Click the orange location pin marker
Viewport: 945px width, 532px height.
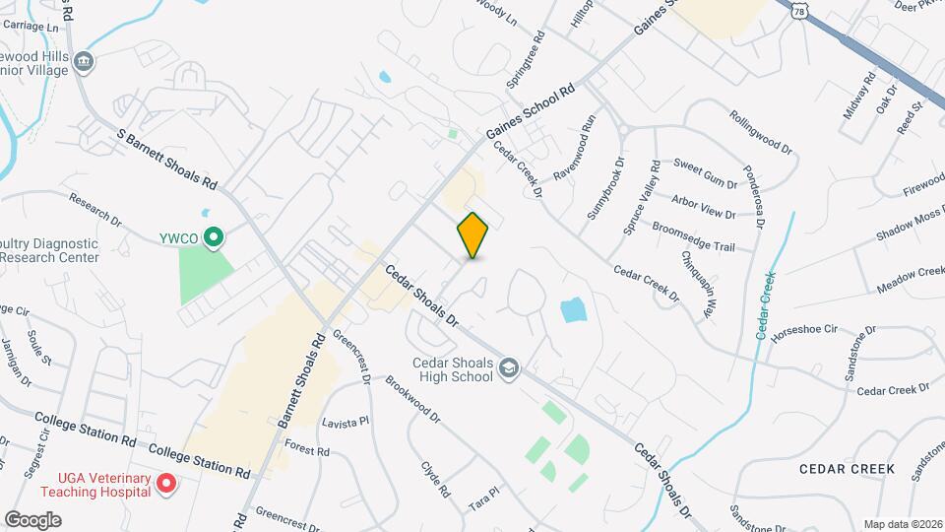(473, 234)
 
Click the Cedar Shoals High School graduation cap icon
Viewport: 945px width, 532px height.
(508, 368)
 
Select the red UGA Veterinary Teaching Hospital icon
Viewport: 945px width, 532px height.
(166, 484)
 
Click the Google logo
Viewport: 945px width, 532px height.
(32, 519)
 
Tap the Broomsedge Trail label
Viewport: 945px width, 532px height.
(694, 236)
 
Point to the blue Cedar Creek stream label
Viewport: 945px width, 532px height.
(765, 304)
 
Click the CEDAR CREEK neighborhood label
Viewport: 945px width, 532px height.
(847, 469)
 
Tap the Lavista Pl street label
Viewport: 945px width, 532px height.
(345, 422)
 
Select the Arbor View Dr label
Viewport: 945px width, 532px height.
(703, 208)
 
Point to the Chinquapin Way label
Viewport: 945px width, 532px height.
(697, 285)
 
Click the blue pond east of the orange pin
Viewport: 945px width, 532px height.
(574, 311)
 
